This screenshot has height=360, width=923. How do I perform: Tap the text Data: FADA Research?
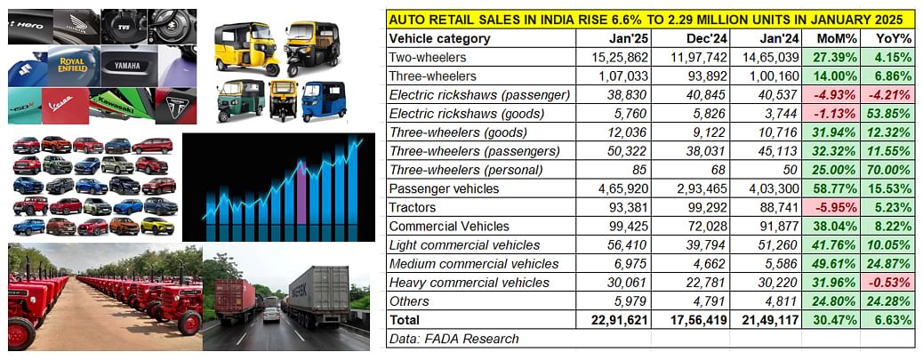point(453,338)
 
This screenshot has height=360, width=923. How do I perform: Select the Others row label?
point(410,300)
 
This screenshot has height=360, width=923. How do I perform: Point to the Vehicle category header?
point(439,38)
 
